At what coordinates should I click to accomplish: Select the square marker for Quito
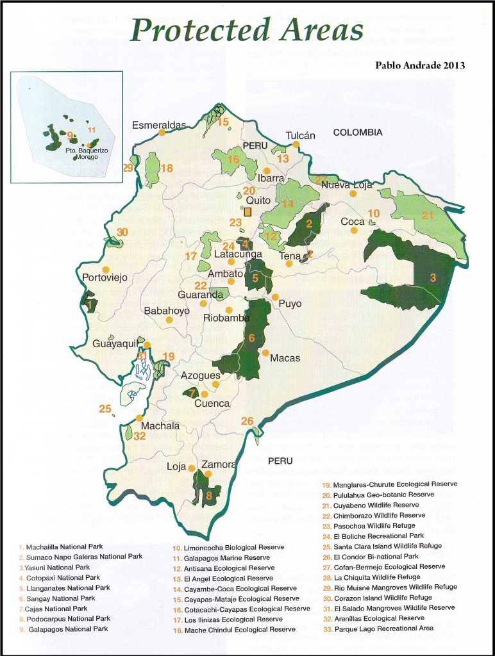click(247, 211)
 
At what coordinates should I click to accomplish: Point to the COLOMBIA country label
click(358, 133)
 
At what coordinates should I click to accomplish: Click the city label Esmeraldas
click(158, 125)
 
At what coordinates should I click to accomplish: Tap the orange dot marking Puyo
click(275, 297)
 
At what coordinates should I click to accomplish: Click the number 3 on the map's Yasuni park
click(433, 277)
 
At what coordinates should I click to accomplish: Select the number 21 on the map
click(428, 215)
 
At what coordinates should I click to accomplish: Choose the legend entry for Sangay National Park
click(61, 598)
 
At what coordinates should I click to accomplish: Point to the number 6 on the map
click(252, 338)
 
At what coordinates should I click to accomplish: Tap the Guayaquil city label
click(115, 344)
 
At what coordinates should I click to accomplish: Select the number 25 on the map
click(105, 409)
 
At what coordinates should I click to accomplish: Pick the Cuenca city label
click(212, 404)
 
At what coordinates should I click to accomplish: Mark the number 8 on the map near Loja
click(209, 495)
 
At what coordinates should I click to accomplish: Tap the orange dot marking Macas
click(265, 352)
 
